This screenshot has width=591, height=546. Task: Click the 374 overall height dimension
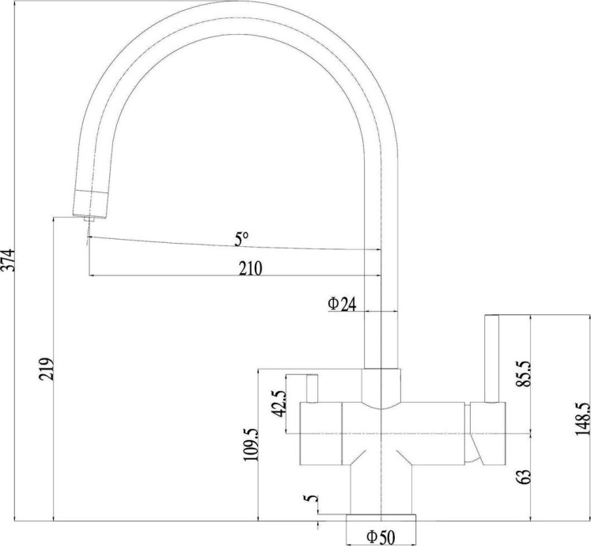(x=8, y=260)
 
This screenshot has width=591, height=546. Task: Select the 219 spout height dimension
(x=47, y=369)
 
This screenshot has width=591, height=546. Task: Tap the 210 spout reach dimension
(x=250, y=268)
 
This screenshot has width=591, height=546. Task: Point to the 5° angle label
(x=241, y=240)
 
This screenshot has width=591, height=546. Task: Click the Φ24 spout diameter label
(x=342, y=304)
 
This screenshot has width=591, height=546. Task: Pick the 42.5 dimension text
(x=279, y=404)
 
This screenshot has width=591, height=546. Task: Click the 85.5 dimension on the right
(x=524, y=373)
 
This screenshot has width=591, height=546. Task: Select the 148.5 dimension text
(x=582, y=419)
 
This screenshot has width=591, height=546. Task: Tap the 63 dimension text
(x=524, y=477)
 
